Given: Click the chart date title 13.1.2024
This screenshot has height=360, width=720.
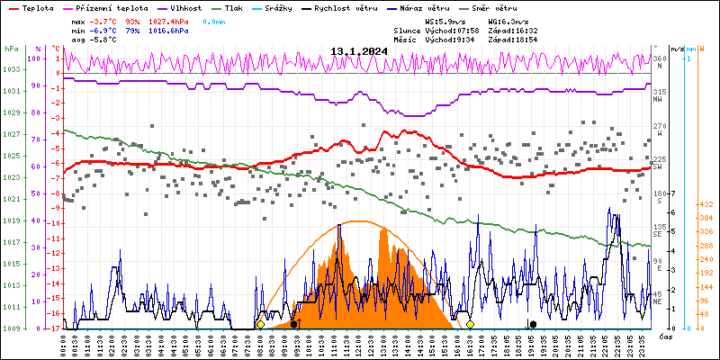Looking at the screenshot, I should click(358, 51).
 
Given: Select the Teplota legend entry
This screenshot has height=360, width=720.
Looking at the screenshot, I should click(37, 7).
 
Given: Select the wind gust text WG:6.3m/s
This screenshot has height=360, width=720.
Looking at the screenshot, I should click(507, 20).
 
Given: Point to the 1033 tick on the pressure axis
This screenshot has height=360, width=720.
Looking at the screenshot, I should click(12, 69).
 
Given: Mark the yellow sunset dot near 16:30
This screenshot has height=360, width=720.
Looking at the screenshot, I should click(470, 324).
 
